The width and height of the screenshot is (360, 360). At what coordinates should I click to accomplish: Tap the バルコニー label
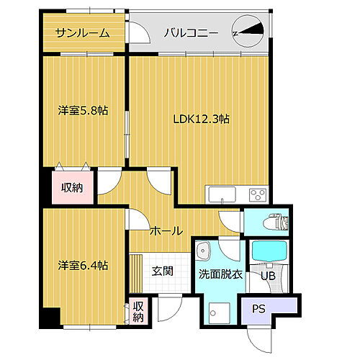point(188,32)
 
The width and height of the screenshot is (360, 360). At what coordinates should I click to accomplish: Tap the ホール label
point(165,230)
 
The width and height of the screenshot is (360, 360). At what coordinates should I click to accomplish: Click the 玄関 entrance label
point(162,271)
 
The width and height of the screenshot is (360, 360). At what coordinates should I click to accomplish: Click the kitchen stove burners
point(257,194)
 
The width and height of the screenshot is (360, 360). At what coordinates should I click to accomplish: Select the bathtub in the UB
point(268,253)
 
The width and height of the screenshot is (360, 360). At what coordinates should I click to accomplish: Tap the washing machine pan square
point(217,311)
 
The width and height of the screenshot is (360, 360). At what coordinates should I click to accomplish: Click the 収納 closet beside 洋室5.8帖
point(71,189)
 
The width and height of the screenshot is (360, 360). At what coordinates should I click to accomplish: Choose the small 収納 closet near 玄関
point(138,312)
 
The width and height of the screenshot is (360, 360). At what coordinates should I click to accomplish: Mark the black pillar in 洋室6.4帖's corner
point(49,318)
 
